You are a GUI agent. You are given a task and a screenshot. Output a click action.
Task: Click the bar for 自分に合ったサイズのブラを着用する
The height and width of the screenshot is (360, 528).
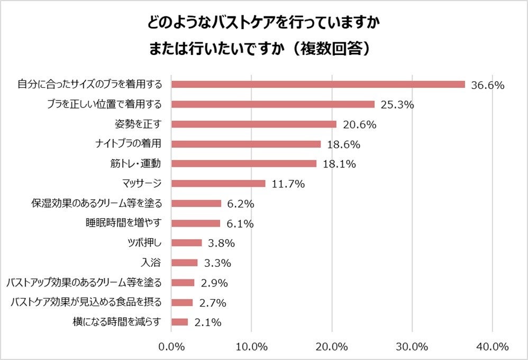(x=318, y=85)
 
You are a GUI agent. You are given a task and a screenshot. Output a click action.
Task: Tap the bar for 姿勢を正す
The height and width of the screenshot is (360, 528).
(x=254, y=124)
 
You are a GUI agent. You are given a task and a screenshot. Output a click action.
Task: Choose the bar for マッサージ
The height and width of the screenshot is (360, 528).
(x=219, y=184)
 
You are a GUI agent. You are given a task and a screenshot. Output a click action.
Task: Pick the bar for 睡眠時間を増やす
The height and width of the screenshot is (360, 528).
(x=196, y=223)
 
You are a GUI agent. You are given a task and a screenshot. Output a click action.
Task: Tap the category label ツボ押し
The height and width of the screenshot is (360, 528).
(x=141, y=243)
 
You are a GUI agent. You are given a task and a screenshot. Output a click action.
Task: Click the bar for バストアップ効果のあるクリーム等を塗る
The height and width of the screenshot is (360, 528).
(x=183, y=283)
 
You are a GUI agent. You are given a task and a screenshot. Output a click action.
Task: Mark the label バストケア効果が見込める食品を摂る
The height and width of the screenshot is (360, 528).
(x=86, y=302)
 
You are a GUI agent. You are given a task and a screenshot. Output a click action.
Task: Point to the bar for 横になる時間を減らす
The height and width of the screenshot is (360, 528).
(x=180, y=322)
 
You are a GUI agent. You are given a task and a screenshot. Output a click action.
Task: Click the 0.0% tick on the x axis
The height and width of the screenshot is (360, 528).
(x=171, y=347)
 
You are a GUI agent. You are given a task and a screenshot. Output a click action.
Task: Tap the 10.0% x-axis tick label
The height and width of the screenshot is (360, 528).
(x=251, y=347)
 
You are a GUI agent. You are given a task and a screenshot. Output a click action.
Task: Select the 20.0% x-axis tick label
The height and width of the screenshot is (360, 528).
(x=332, y=347)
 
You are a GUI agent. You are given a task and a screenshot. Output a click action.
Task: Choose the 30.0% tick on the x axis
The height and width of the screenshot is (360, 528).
(x=412, y=347)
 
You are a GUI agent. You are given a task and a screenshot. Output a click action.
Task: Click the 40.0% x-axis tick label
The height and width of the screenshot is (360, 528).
(x=493, y=347)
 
